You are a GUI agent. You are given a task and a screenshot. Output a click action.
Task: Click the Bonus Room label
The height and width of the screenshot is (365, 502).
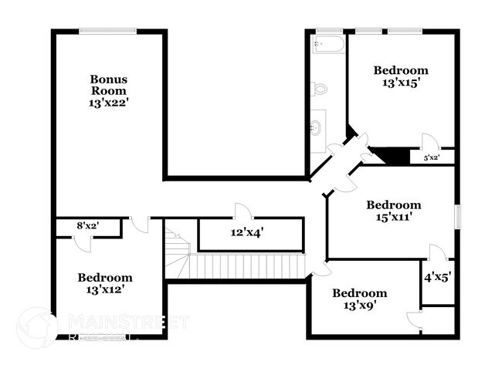pyautogui.click(x=108, y=85)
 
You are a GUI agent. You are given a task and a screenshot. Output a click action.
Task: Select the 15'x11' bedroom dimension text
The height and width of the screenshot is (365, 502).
pyautogui.click(x=393, y=218)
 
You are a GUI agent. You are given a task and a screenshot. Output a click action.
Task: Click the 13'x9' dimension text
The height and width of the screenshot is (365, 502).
pyautogui.click(x=359, y=306)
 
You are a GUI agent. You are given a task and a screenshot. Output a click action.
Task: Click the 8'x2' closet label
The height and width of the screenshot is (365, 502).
pyautogui.click(x=87, y=226)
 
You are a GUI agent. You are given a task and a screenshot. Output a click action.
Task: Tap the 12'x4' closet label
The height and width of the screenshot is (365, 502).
pyautogui.click(x=247, y=232)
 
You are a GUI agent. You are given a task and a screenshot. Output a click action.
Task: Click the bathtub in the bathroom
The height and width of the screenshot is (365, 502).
pyautogui.click(x=328, y=44)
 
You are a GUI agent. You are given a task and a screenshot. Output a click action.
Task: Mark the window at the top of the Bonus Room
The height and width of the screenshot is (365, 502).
pyautogui.click(x=107, y=31)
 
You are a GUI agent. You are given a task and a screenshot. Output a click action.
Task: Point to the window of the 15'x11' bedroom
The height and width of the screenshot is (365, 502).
pyautogui.click(x=458, y=217)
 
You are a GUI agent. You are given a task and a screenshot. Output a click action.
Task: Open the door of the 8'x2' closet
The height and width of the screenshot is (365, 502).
pyautogui.click(x=86, y=242)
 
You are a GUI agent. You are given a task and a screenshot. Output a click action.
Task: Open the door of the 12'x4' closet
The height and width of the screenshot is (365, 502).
pyautogui.click(x=241, y=211)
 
